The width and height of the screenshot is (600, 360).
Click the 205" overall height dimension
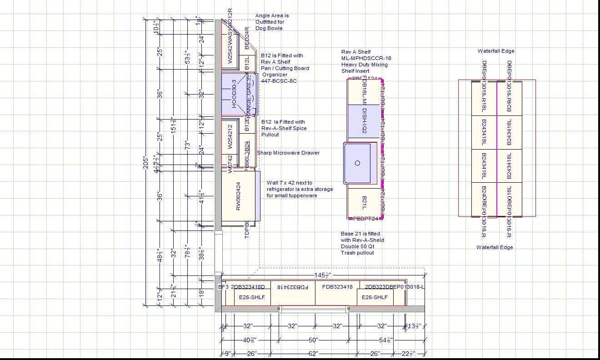[x=146, y=162]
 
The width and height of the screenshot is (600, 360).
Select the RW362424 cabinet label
[x=238, y=196]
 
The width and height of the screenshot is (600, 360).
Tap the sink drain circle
[x=357, y=163]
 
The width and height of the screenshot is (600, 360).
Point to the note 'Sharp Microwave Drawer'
[x=288, y=153]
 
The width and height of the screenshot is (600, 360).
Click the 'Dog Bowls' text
[x=269, y=28]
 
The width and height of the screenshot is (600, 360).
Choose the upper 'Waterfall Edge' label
[x=496, y=51]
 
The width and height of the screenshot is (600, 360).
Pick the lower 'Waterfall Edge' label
[x=495, y=247]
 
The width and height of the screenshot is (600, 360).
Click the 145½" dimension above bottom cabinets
[x=323, y=275]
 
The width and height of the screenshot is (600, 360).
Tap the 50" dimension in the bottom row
[x=314, y=340]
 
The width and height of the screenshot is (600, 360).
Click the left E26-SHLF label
[x=252, y=297]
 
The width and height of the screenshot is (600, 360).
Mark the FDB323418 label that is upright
[x=337, y=287]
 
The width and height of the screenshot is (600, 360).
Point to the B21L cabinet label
[x=365, y=203]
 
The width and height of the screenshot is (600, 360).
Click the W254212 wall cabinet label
[x=230, y=137]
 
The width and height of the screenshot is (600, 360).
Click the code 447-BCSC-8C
[x=279, y=81]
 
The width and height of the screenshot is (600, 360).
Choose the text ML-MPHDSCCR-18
[x=366, y=58]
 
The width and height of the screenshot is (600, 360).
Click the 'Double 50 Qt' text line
[x=358, y=246]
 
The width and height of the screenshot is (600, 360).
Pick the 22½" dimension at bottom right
[x=408, y=354]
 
